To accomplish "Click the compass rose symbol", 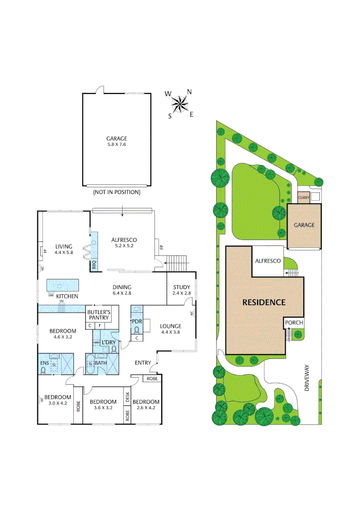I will [x=180, y=103].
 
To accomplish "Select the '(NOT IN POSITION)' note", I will [x=117, y=192].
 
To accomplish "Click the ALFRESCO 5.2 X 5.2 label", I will [x=124, y=243].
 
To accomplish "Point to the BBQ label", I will [x=94, y=265].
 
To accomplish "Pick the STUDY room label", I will [x=181, y=290].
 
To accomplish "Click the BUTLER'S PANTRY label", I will [x=98, y=315].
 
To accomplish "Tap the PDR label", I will [x=137, y=321].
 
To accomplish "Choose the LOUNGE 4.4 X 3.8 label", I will [x=170, y=329].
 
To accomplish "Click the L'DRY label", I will [x=109, y=342].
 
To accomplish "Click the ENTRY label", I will [x=143, y=363].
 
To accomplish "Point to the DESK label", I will [x=127, y=397].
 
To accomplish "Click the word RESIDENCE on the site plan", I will [x=264, y=302].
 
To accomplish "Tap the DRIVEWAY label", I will [x=307, y=378].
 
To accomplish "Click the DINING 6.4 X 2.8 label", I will [x=122, y=290].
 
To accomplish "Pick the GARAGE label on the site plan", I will [x=304, y=225].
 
